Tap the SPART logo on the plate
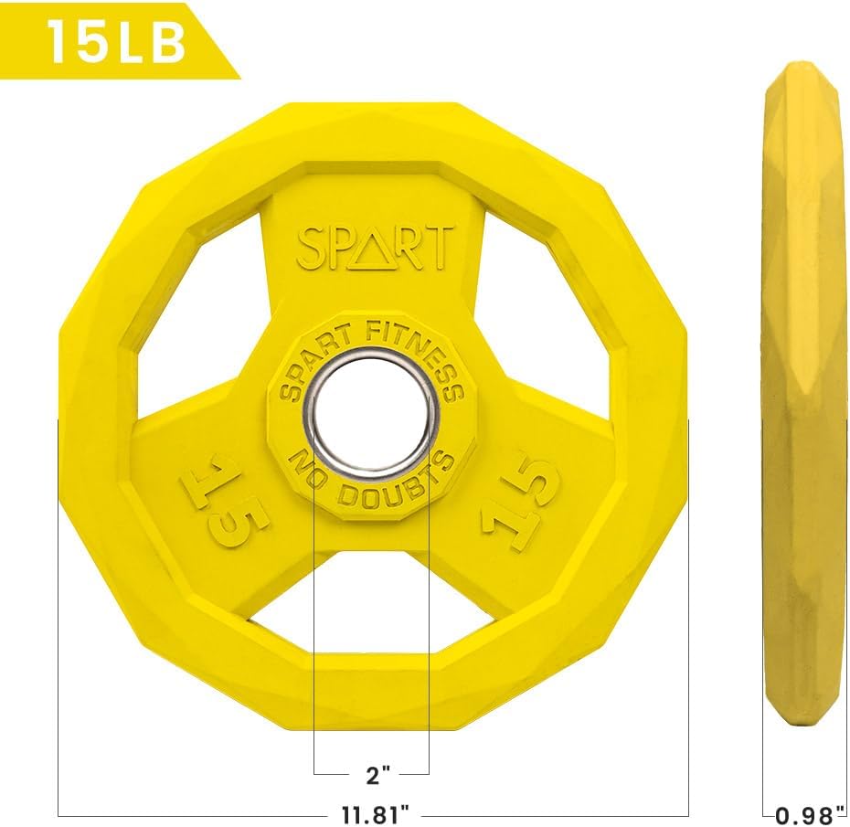pyautogui.click(x=375, y=247)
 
